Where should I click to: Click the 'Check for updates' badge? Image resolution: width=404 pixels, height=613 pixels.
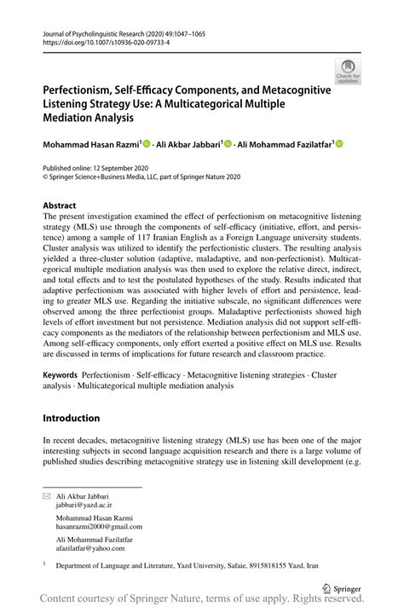[x=348, y=72]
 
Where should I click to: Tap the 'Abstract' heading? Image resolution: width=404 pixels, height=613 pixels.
[x=61, y=206]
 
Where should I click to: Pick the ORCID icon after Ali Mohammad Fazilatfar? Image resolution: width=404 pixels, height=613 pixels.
[x=340, y=145]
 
